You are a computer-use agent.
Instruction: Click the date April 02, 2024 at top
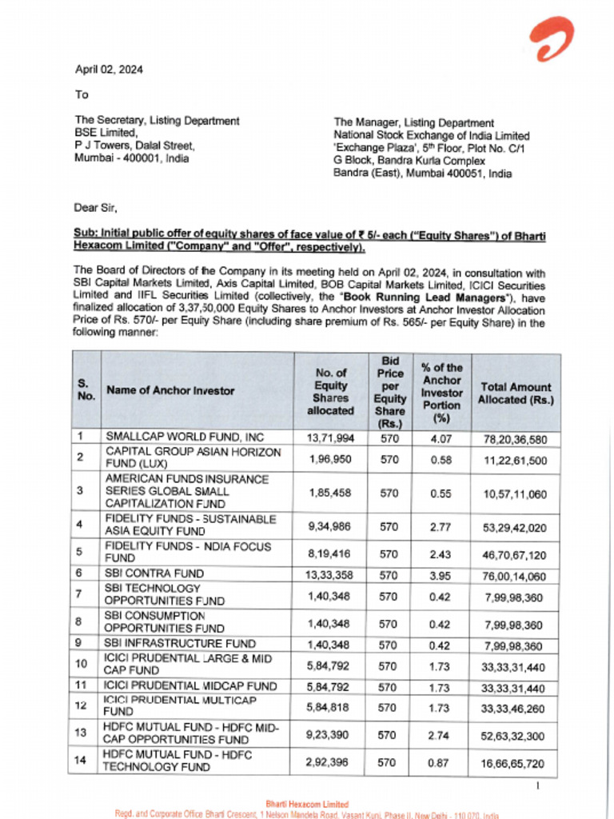tap(109, 70)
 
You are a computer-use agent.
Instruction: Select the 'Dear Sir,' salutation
tap(95, 208)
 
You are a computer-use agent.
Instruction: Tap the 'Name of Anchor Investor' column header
tap(170, 391)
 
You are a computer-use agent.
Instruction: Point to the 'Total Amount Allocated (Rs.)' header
tap(515, 393)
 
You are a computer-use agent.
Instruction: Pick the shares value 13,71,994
tap(329, 437)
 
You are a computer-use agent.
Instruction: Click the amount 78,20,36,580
tap(515, 438)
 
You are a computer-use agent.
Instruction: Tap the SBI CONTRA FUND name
tap(155, 573)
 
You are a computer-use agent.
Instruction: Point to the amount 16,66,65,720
tap(515, 763)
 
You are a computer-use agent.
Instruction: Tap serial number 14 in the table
tap(80, 761)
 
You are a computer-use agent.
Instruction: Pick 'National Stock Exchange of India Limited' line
tap(431, 136)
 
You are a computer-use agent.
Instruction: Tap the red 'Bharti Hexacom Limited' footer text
tap(307, 804)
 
